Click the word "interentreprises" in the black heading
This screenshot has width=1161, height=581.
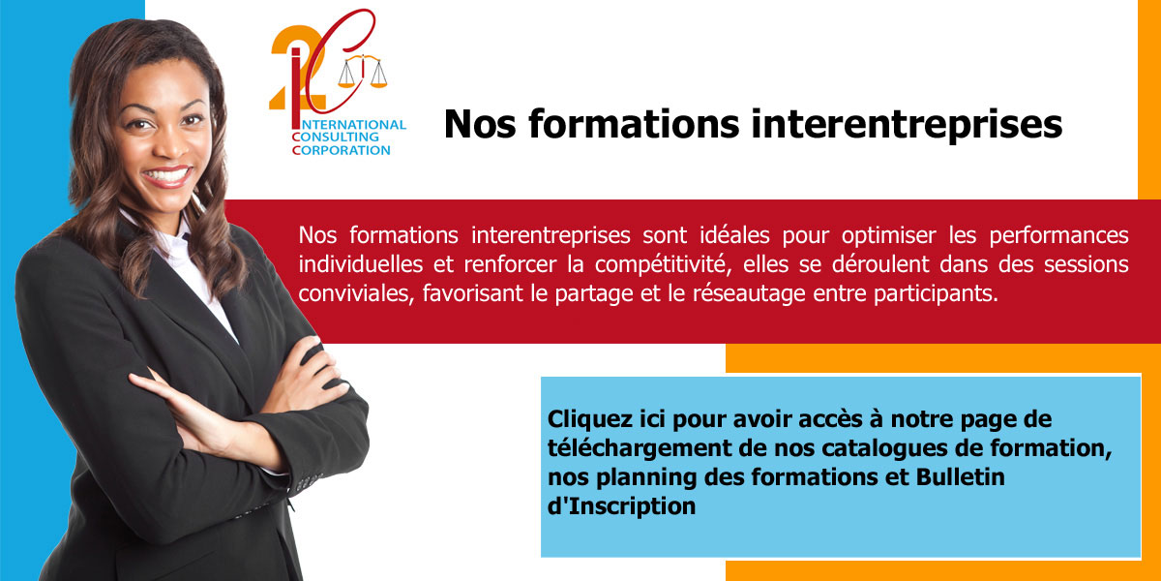907,125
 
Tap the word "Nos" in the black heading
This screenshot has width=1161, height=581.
480,125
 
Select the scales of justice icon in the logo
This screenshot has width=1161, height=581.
363,71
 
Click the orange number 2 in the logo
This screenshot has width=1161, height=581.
298,68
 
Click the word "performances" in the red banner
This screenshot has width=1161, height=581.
1058,236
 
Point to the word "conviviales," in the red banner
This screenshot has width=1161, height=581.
356,294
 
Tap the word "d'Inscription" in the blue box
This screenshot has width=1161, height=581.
621,506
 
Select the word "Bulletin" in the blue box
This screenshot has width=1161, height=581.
961,477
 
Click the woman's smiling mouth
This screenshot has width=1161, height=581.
166,176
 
